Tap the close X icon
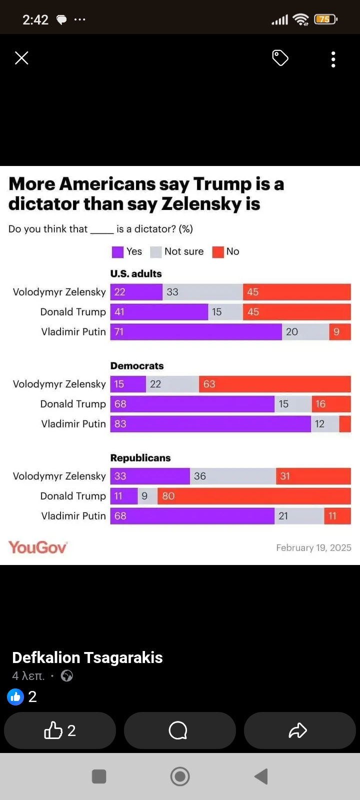point(21,58)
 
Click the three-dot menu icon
point(333,59)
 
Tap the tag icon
point(280,58)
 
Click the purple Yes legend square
point(117,252)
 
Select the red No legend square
point(218,252)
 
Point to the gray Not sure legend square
point(156,252)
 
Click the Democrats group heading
point(137,366)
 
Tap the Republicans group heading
point(140,458)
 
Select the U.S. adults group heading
point(136,274)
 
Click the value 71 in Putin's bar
point(119,332)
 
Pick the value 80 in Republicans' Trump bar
point(168,496)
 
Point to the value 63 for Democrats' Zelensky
point(209,384)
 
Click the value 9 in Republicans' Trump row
point(144,496)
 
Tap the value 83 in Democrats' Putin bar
point(120,424)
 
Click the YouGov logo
point(37,547)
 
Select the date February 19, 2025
point(313,548)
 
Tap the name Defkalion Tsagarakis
point(87,657)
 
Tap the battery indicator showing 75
point(325,19)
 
